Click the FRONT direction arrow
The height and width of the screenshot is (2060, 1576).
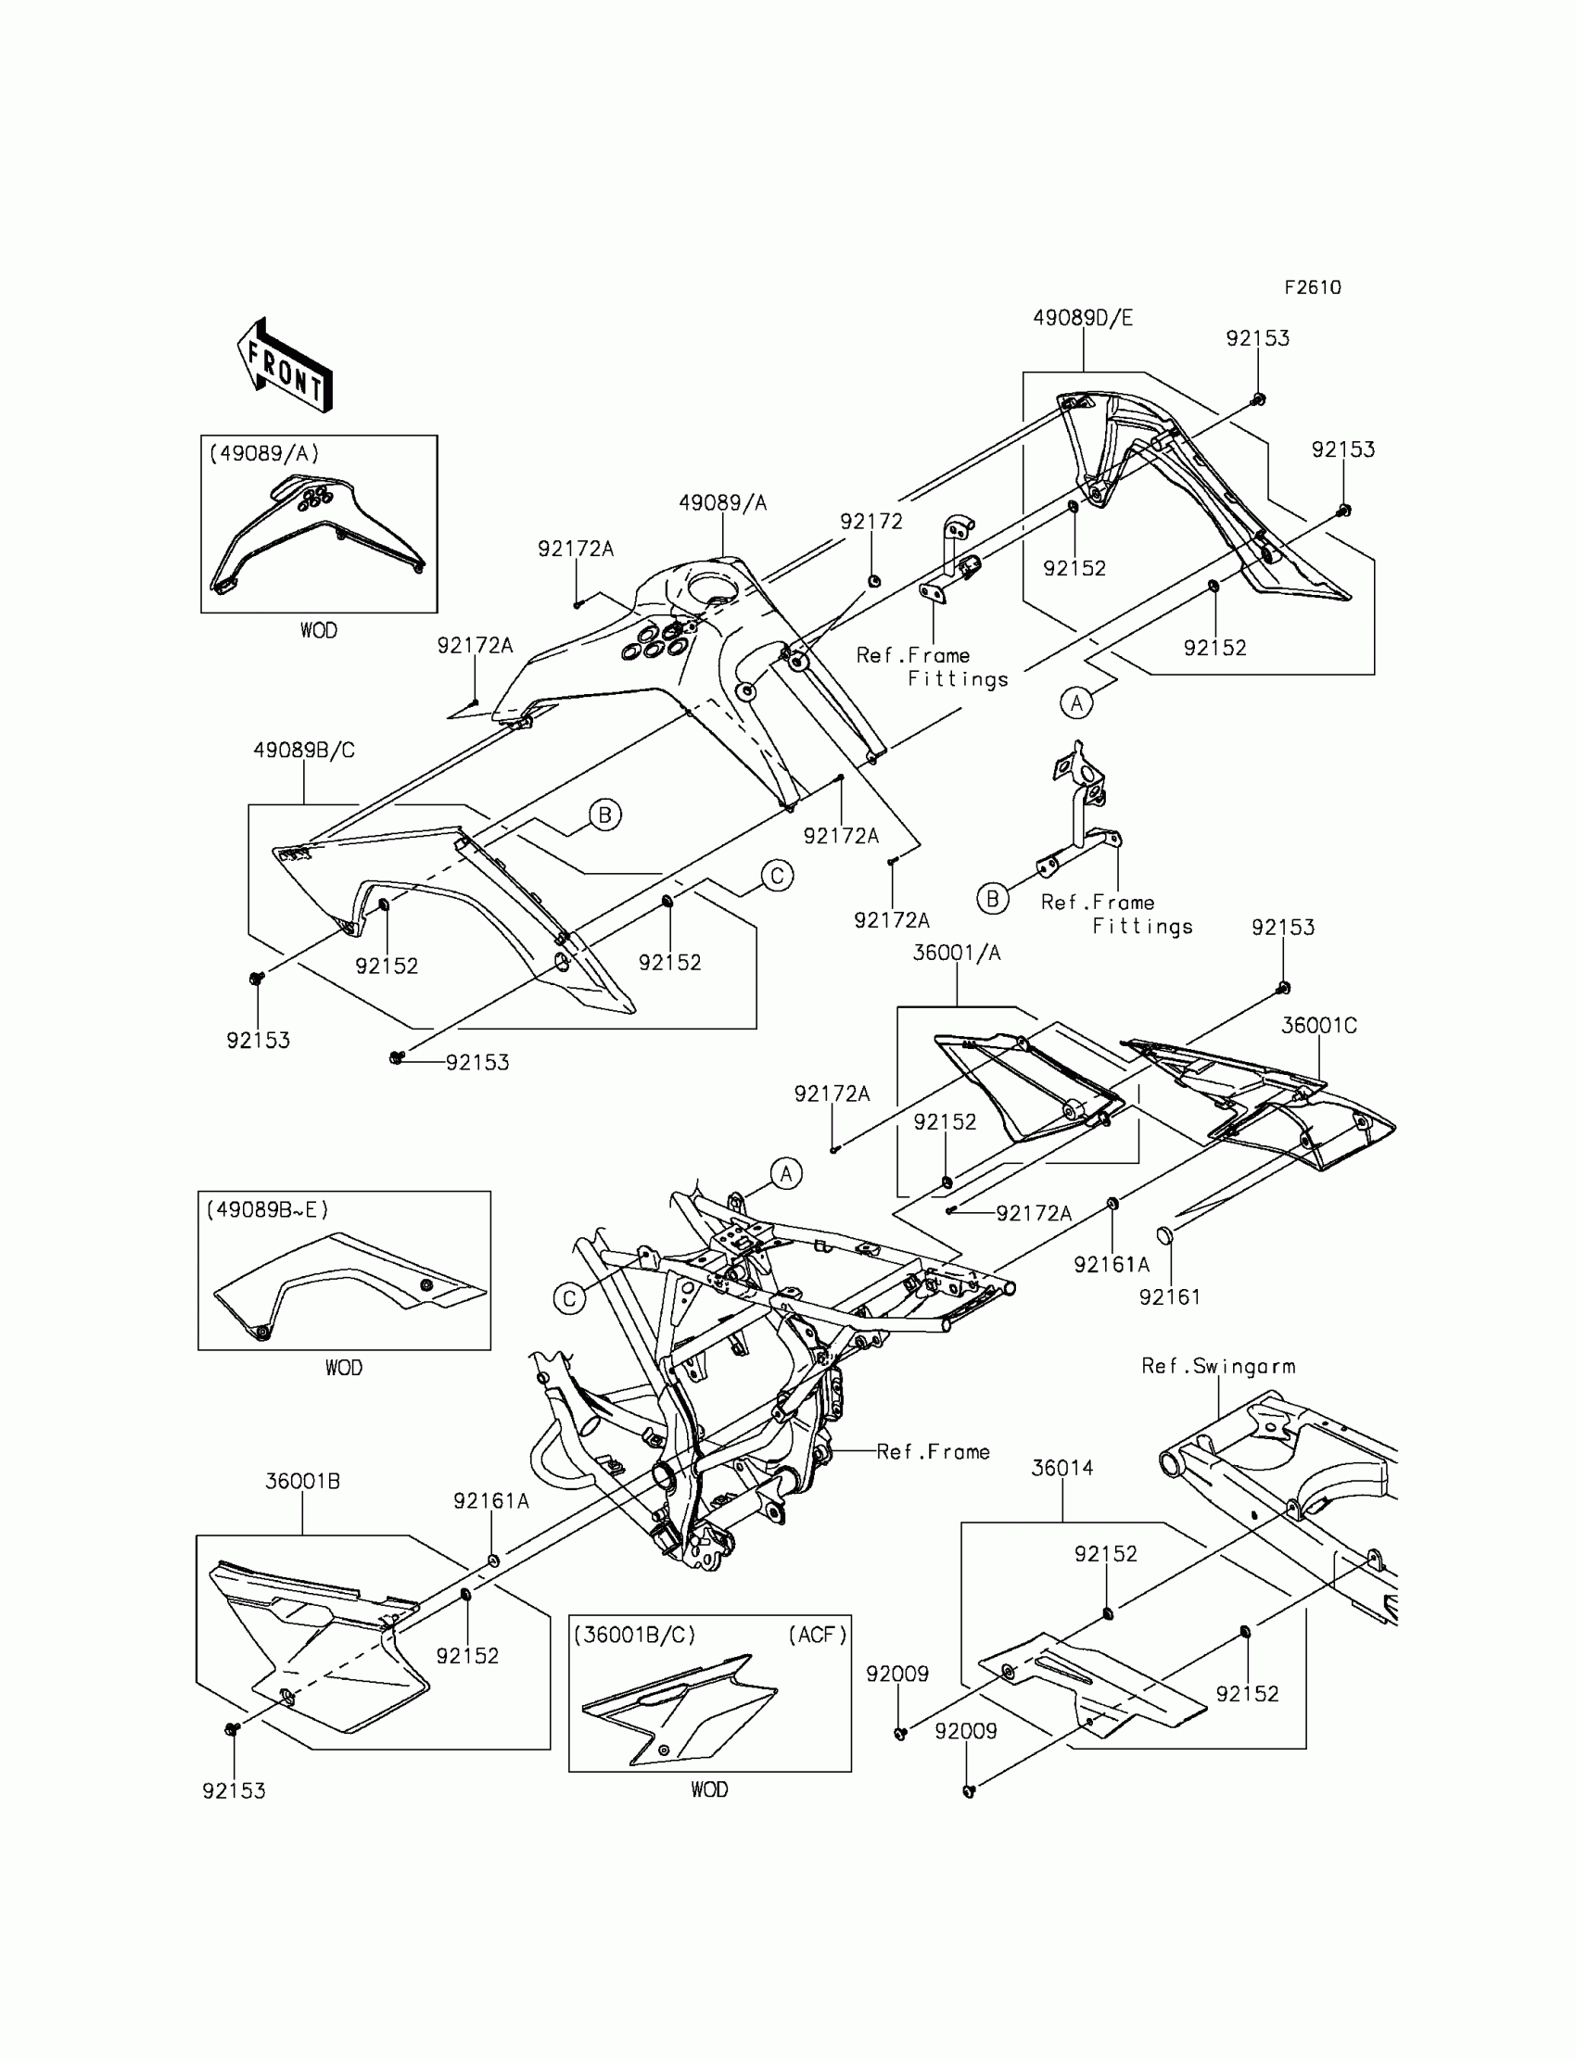(x=285, y=366)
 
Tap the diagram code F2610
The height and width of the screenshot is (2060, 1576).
(x=1313, y=288)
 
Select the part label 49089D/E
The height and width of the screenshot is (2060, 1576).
(x=1083, y=318)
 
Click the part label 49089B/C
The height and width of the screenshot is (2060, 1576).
(x=304, y=750)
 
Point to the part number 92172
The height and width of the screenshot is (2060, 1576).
(x=871, y=522)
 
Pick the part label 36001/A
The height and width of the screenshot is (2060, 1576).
(x=956, y=953)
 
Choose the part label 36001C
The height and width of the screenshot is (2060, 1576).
(x=1318, y=1025)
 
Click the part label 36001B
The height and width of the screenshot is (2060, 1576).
(x=302, y=1482)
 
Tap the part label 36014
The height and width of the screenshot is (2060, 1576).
(x=1061, y=1469)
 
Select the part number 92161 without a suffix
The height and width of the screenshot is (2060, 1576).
(x=1170, y=1296)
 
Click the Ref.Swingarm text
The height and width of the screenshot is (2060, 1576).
(x=1217, y=1366)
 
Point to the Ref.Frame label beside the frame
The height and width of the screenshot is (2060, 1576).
(x=933, y=1451)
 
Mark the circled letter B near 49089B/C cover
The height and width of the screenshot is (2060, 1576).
(x=605, y=815)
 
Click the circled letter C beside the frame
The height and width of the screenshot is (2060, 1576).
(x=569, y=1298)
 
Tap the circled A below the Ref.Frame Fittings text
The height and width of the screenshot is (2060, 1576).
(x=1076, y=702)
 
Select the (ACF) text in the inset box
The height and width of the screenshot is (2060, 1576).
(x=817, y=1636)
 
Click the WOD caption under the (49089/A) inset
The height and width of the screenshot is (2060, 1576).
(x=319, y=630)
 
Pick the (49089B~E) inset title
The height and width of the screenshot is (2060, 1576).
(x=267, y=1209)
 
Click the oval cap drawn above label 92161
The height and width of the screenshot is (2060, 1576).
(x=1163, y=1235)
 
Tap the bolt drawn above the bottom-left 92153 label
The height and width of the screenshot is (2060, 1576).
(x=232, y=1728)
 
